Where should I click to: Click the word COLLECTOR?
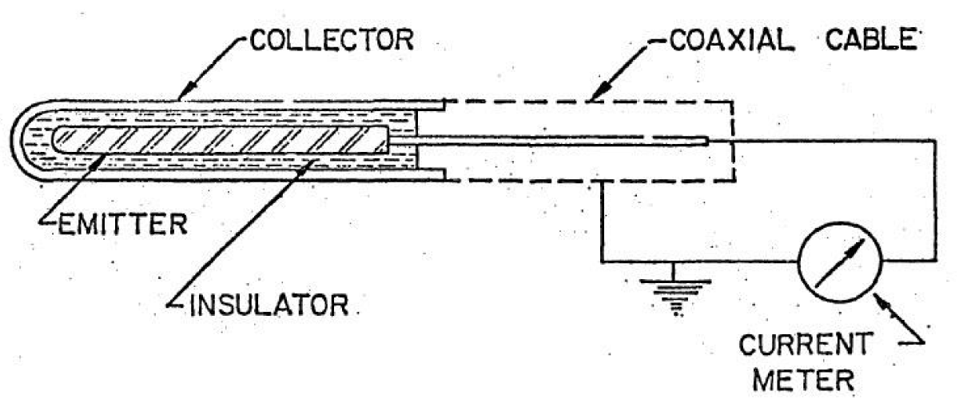click(331, 40)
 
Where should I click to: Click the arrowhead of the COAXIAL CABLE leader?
click(592, 98)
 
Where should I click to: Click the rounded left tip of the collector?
click(18, 141)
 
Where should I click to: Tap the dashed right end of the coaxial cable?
click(731, 141)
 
